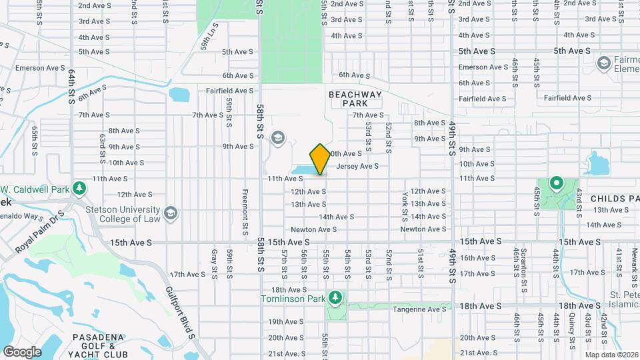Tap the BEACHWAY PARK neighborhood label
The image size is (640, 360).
(x=356, y=99)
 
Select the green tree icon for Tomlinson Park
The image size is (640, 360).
(x=337, y=296)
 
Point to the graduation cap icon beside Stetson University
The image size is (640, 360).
(x=171, y=212)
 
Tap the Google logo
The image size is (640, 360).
(x=22, y=351)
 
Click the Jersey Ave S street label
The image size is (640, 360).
(x=358, y=166)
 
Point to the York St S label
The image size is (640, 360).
(x=405, y=206)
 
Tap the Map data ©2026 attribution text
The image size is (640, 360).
(x=610, y=354)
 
